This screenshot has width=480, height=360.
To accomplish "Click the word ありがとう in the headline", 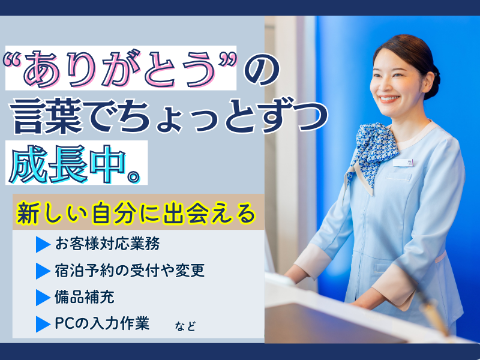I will [120, 68].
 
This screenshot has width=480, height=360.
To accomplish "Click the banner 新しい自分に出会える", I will [137, 213].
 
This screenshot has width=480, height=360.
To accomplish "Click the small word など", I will [185, 327].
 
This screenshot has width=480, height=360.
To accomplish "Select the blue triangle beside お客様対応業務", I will [42, 245].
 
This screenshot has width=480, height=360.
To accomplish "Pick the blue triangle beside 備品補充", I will [42, 297].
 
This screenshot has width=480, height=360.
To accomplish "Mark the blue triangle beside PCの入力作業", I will [42, 324].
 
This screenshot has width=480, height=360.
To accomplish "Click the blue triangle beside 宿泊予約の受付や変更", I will [42, 271].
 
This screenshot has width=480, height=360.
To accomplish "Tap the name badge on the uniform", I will [401, 161].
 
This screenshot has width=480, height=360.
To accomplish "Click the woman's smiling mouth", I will [388, 99].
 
